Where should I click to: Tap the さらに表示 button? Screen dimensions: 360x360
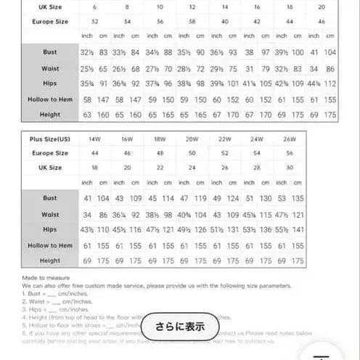point(180,327)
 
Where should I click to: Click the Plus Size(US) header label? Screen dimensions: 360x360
point(50,138)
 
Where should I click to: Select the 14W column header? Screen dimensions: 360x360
point(95,138)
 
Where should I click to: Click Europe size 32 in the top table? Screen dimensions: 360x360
point(85,22)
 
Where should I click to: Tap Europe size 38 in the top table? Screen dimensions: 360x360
point(192,22)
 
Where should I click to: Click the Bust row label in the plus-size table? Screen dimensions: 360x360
point(50,198)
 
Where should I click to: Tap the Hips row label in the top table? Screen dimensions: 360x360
point(50,83)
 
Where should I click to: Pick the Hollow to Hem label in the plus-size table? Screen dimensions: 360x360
point(50,245)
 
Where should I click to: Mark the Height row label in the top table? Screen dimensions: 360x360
point(50,115)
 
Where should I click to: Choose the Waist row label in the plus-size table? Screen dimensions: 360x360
point(50,214)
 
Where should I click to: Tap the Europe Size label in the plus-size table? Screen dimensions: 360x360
point(50,153)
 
